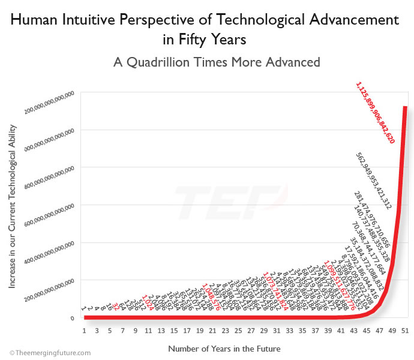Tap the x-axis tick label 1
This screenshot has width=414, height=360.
coord(85,331)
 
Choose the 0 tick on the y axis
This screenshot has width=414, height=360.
coord(71,318)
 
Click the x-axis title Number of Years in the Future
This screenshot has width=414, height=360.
coord(224,348)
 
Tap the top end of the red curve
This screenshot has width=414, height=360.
coord(405,108)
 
